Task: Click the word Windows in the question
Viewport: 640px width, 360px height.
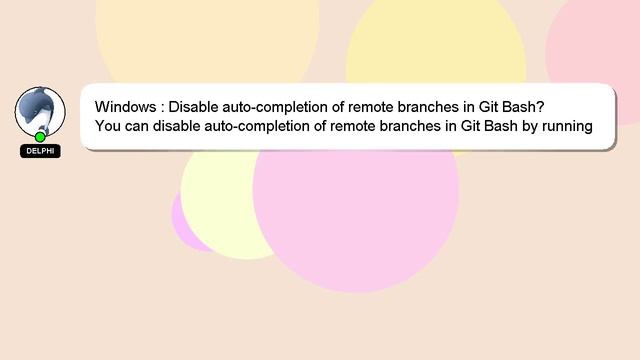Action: coord(125,107)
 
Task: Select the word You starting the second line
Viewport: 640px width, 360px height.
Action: coord(109,126)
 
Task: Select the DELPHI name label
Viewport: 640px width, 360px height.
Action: coord(40,151)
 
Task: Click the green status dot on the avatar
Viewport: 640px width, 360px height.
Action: coord(40,137)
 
